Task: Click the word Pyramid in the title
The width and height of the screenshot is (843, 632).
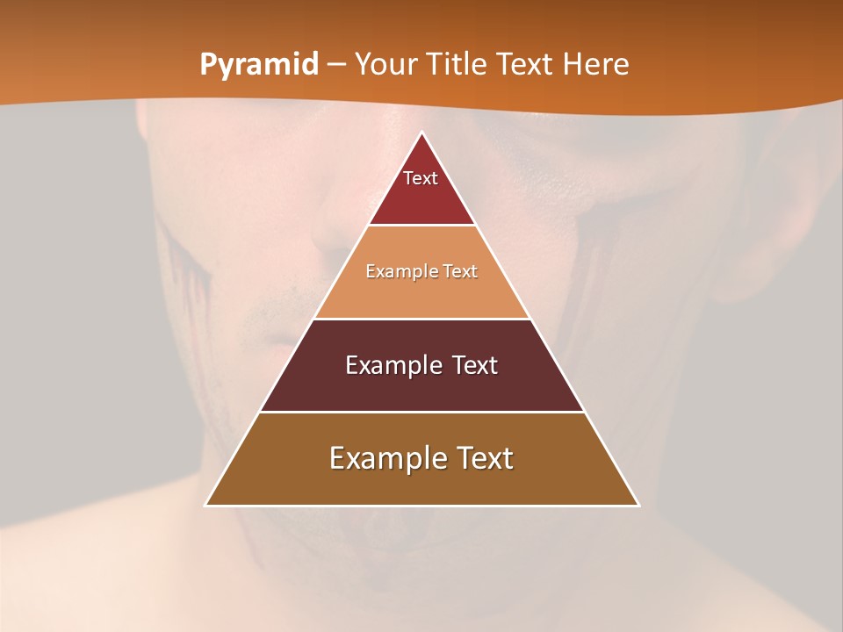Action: click(x=259, y=65)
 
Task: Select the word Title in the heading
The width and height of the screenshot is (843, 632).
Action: click(x=456, y=65)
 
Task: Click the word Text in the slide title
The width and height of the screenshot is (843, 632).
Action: click(x=526, y=65)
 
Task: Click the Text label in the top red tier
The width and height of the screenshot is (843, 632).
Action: click(x=421, y=178)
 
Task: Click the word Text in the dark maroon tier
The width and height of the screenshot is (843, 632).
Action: click(x=475, y=365)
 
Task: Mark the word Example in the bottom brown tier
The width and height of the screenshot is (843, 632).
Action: click(x=383, y=458)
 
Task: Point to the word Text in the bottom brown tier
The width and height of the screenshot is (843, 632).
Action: click(x=486, y=458)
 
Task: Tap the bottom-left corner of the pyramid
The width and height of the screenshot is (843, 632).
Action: click(x=206, y=505)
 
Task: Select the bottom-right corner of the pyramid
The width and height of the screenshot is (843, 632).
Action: click(x=638, y=505)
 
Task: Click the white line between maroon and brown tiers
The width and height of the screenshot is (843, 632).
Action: click(x=422, y=412)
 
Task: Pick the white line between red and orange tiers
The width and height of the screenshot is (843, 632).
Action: click(x=422, y=226)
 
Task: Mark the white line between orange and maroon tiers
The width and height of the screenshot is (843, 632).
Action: click(x=422, y=319)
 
